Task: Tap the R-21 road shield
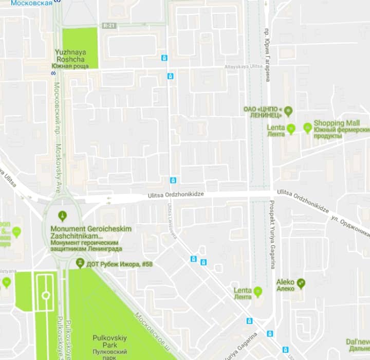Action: pos(108,25)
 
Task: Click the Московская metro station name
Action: pos(31,3)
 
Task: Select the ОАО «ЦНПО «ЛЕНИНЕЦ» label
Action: pos(263,112)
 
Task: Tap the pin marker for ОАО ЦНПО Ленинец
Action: pos(288,110)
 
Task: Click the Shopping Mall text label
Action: pos(337,123)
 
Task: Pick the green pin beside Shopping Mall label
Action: pos(307,127)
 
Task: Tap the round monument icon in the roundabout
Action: pos(63,215)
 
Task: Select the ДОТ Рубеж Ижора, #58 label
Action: pos(119,264)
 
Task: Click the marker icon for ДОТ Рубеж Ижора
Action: pos(80,263)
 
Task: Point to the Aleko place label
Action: pos(285,282)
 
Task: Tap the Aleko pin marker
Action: pos(301,282)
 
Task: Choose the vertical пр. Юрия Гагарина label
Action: pos(267,54)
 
